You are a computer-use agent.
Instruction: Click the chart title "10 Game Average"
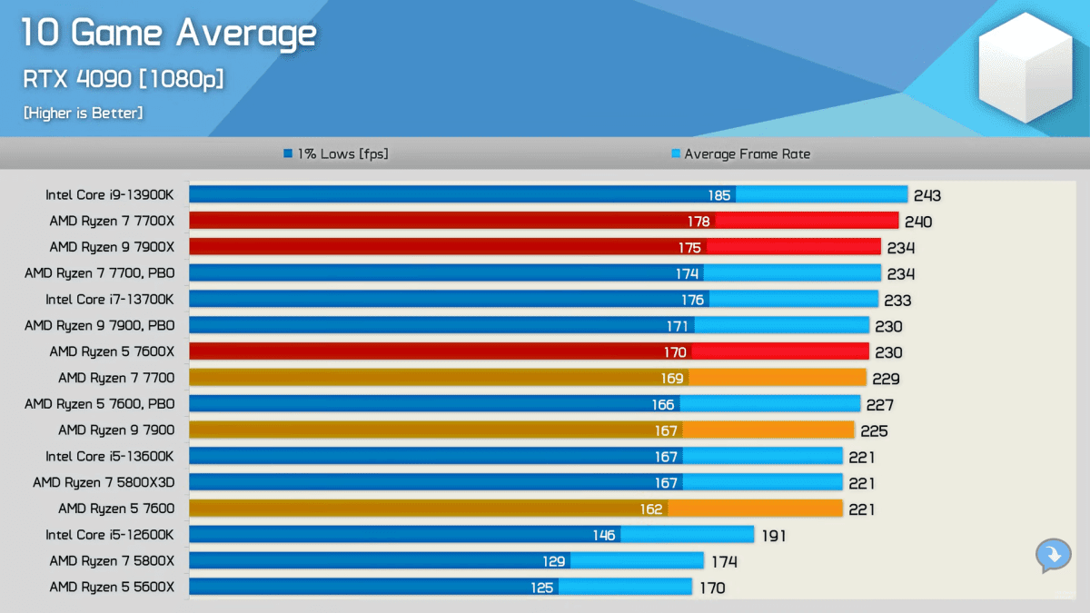tap(169, 35)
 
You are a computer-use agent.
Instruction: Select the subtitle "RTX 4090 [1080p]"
tap(124, 79)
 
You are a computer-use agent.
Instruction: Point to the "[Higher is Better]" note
tap(84, 114)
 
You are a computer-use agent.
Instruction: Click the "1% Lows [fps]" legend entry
tap(336, 154)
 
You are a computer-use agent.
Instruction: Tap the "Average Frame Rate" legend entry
tap(740, 154)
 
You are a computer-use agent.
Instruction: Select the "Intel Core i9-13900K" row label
tap(110, 194)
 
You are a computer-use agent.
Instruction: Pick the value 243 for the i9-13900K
tap(927, 195)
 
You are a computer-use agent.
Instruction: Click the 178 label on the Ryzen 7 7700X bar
tap(699, 222)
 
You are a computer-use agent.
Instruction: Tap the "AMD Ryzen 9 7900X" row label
tap(112, 247)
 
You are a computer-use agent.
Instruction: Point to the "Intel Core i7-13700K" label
tap(110, 300)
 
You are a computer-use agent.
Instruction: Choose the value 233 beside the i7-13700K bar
tap(897, 301)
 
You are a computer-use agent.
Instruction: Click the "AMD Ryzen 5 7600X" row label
tap(112, 352)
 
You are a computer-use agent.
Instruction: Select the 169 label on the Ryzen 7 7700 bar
tap(673, 379)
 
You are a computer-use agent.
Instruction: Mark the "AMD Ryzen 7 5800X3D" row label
tap(104, 483)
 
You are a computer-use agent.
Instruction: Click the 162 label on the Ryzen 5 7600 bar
tap(651, 509)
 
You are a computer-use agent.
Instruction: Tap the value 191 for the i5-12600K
tap(773, 536)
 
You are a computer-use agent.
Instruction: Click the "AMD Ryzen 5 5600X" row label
tap(112, 588)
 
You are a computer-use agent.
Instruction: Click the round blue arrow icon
tap(1053, 555)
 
